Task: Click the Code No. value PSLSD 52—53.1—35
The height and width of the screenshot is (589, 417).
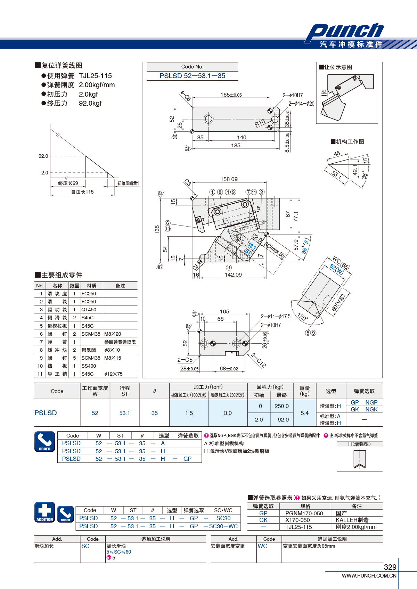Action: point(192,76)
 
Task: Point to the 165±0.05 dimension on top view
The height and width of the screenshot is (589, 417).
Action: point(231,95)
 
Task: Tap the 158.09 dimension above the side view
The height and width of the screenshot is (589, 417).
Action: point(229,179)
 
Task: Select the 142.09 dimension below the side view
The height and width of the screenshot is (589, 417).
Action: point(233,275)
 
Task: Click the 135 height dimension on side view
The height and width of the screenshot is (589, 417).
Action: point(157,229)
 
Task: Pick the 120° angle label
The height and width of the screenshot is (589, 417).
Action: point(302,317)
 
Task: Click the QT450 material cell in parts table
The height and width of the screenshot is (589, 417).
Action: point(89,310)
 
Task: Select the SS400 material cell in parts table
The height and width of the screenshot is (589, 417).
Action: point(89,366)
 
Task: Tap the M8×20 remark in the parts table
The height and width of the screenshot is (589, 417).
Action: point(113,334)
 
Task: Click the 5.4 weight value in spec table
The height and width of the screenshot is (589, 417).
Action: point(304,413)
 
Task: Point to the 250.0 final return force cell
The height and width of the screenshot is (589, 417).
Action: point(281,406)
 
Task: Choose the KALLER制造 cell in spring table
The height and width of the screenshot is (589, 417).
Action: point(352,520)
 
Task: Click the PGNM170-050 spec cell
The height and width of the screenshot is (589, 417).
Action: point(304,513)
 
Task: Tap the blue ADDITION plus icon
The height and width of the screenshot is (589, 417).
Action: point(44,512)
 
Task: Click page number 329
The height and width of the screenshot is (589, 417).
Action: point(390,567)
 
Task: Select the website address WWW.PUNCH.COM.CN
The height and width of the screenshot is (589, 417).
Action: point(369,575)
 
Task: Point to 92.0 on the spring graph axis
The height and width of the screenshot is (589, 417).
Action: point(43,156)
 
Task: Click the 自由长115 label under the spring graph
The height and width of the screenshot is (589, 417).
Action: point(82,192)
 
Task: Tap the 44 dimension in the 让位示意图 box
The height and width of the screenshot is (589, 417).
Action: point(324,92)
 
